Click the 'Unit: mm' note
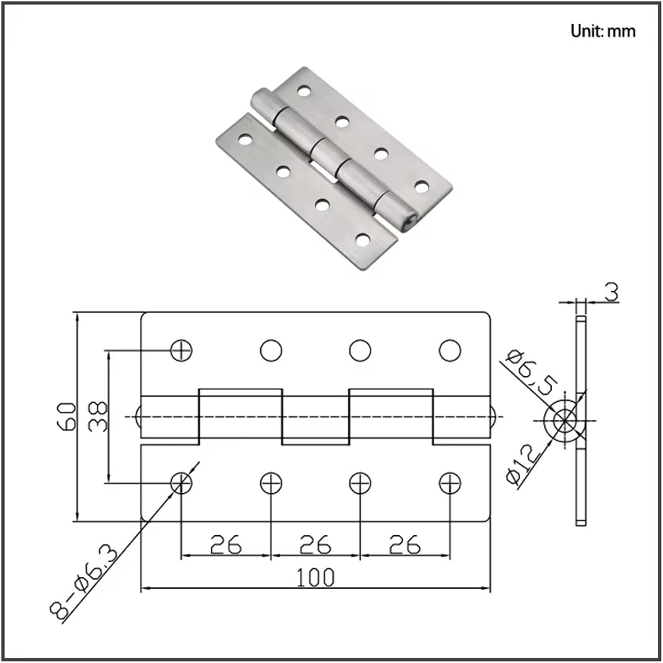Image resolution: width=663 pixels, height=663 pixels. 602,31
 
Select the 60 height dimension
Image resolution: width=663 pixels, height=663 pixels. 66,416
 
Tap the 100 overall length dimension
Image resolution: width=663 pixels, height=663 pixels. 315,578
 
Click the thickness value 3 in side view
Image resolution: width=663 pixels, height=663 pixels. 612,293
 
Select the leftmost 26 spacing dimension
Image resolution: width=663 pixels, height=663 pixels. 225,545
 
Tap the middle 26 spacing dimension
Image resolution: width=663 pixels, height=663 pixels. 315,545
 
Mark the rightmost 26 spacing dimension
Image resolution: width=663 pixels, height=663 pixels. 404,545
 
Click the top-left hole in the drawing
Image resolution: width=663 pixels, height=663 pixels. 181,351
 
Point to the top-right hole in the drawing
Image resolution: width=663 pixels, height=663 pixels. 450,351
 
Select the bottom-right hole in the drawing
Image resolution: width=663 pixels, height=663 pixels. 450,483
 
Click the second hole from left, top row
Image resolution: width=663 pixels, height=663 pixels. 271,351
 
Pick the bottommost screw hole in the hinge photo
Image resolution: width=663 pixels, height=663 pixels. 362,240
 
